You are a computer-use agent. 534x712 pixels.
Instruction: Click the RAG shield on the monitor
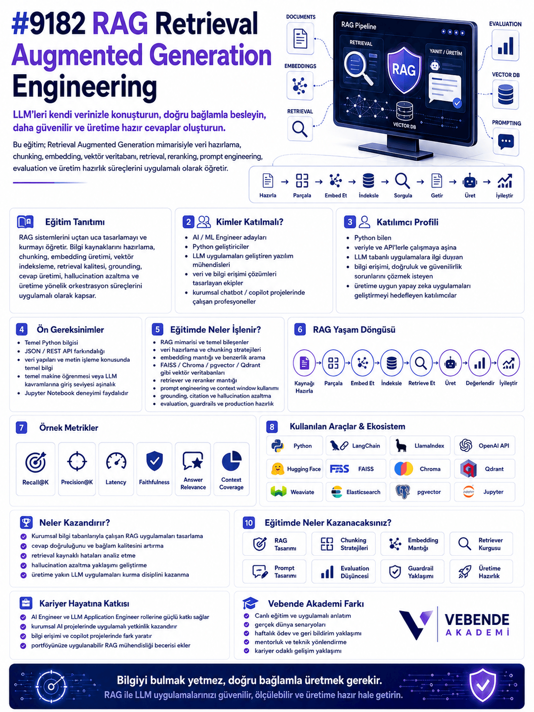(x=404, y=70)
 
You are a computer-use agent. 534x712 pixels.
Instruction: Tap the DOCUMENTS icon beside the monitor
(x=300, y=38)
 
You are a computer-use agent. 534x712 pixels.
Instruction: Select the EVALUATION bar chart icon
(x=505, y=45)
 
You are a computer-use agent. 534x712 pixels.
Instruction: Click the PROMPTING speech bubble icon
(x=506, y=142)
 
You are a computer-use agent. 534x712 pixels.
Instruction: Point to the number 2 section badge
(x=188, y=222)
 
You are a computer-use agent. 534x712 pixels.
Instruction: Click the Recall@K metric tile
(x=35, y=469)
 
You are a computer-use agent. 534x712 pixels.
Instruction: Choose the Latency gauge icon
(x=116, y=462)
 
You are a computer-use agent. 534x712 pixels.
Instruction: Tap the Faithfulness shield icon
(x=154, y=461)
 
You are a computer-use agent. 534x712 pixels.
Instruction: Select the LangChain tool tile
(x=356, y=445)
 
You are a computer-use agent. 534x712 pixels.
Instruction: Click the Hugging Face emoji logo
(x=277, y=469)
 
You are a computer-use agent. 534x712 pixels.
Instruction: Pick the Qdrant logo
(x=469, y=469)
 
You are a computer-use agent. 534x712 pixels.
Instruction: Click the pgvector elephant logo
(x=403, y=492)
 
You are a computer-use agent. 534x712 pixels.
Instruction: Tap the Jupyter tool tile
(x=484, y=492)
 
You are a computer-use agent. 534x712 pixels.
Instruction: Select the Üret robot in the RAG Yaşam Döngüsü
(x=450, y=363)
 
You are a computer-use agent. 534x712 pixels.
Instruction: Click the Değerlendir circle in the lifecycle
(x=479, y=363)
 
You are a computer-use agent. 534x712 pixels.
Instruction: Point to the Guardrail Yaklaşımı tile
(x=413, y=571)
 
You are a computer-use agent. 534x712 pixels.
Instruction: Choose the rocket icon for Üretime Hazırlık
(x=465, y=571)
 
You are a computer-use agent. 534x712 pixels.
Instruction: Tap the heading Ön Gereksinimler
(x=70, y=329)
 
